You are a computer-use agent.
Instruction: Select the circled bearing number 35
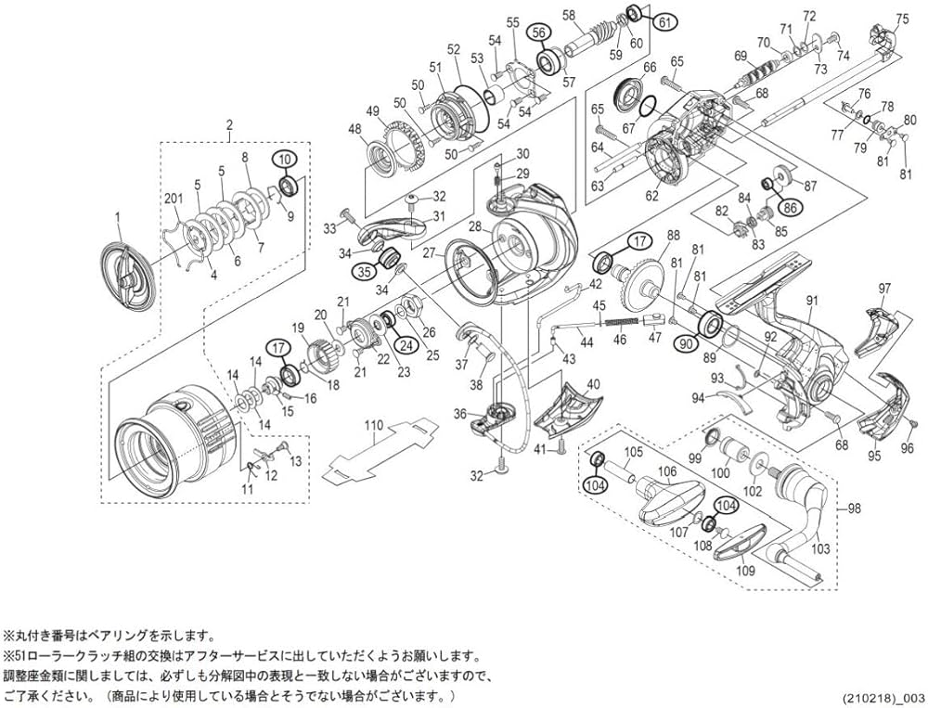click(363, 272)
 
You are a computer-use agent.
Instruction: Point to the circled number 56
click(538, 32)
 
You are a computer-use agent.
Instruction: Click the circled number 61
click(664, 21)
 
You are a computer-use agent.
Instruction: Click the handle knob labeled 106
click(668, 493)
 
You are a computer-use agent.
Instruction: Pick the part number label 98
click(855, 509)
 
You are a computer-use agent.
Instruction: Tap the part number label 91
click(812, 301)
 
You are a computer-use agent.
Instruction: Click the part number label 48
click(354, 129)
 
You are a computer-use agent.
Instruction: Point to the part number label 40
click(594, 383)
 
